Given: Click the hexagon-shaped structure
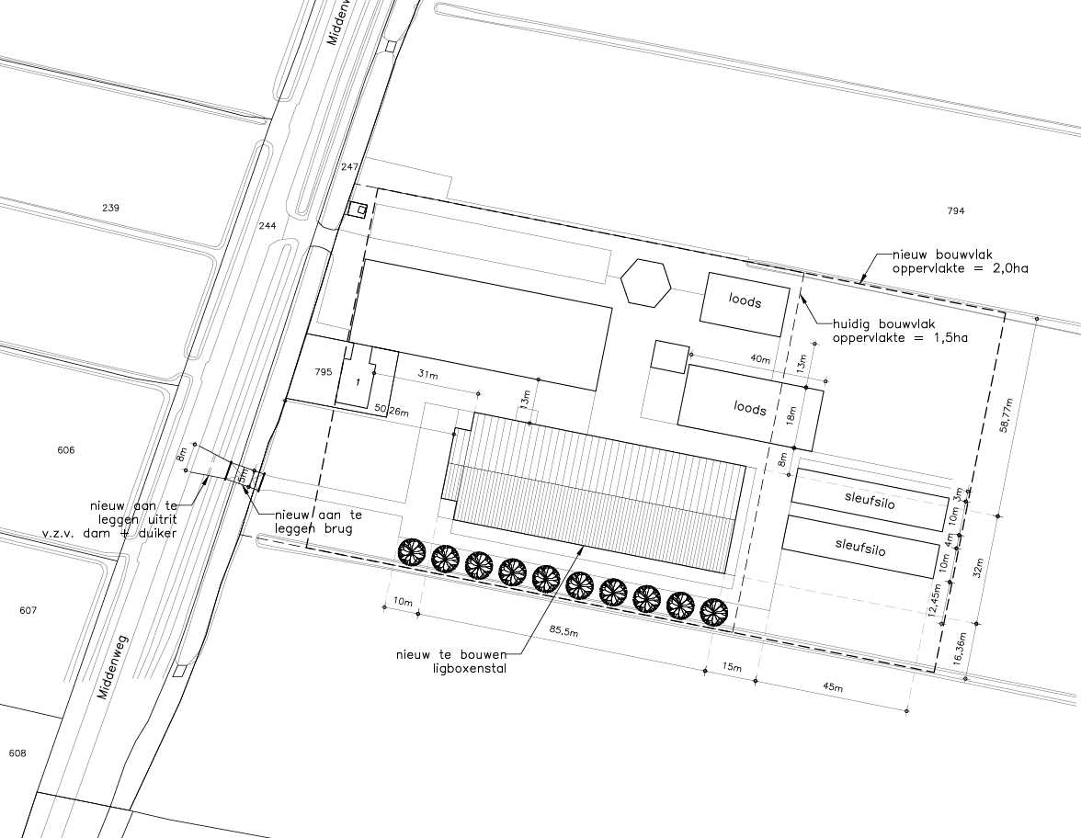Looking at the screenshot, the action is click(645, 283).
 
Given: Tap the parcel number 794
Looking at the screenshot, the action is click(956, 211).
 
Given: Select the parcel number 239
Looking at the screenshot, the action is click(110, 208).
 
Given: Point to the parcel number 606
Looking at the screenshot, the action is click(65, 450).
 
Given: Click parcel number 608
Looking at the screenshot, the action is click(17, 753).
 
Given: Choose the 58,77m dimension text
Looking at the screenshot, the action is click(1007, 415).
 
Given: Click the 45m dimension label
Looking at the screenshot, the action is click(833, 686).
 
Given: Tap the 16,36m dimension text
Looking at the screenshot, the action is click(957, 649).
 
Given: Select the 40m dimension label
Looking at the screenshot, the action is click(759, 359).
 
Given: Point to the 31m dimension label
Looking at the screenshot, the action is click(427, 374).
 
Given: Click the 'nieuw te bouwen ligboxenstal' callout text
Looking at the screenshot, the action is click(450, 661).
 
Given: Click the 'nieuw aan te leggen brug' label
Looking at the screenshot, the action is click(318, 521).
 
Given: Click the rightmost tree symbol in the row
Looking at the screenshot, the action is click(714, 612).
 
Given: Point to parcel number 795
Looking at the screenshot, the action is click(324, 371).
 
